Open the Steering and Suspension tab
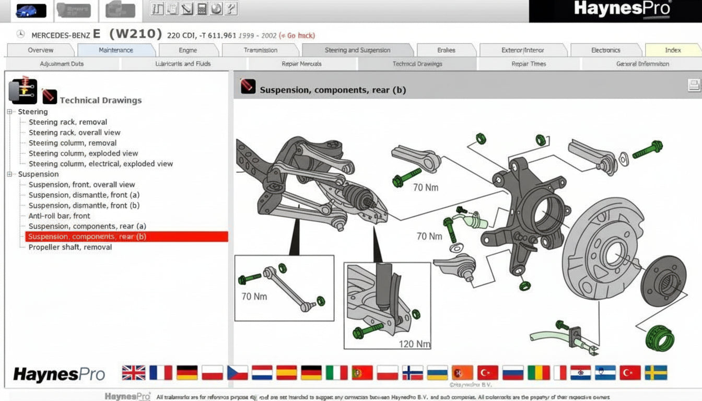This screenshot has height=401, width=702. [357, 50]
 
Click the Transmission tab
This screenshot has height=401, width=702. [260, 50]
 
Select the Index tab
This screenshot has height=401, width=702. [673, 50]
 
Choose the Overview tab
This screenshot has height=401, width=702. [40, 50]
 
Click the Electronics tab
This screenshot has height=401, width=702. [605, 50]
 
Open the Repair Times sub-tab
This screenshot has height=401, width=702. [529, 64]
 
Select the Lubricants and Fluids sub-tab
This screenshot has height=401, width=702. [183, 64]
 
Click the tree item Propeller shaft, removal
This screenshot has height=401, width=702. [70, 247]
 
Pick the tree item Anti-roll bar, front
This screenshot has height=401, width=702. [59, 216]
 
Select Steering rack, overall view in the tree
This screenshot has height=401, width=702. [74, 133]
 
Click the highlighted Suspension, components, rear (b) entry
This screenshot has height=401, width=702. [87, 237]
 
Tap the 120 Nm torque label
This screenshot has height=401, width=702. [414, 344]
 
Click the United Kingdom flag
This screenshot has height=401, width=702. [134, 372]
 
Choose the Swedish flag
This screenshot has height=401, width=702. [656, 372]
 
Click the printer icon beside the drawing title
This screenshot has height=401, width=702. [694, 86]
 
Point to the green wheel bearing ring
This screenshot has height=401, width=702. [660, 338]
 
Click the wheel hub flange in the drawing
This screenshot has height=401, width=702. [663, 281]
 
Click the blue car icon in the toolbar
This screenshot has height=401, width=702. [31, 10]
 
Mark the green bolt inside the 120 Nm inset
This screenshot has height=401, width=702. [368, 330]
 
